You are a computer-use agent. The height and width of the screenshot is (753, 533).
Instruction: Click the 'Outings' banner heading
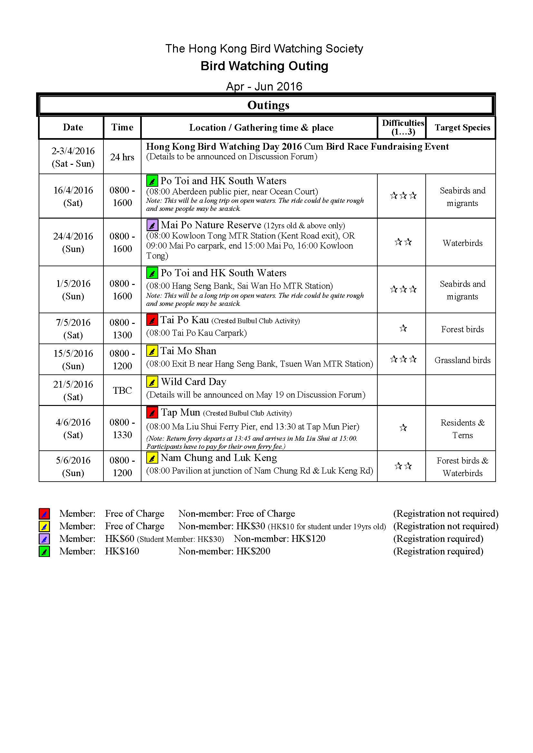pos(268,105)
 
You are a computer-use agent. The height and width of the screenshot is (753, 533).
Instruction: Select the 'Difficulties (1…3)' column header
pos(403,127)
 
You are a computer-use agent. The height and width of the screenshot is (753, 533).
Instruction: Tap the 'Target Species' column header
pos(462,127)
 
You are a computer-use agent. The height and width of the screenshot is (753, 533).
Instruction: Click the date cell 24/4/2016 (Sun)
pos(73,242)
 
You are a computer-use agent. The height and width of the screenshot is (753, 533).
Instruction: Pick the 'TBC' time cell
pos(122,390)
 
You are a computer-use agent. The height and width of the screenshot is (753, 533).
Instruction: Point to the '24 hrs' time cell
pos(122,157)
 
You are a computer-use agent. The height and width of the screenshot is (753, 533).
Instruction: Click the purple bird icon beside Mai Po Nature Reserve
pos(152,225)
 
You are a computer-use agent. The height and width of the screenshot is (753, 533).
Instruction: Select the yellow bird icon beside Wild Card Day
pos(152,382)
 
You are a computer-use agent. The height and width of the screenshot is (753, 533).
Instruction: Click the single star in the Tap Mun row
pos(403,428)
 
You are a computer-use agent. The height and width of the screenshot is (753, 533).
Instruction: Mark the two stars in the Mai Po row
pos(403,242)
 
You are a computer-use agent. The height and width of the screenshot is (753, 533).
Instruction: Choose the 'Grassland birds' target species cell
pos(462,360)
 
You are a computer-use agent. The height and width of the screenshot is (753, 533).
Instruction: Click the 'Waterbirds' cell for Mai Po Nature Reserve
pos(462,243)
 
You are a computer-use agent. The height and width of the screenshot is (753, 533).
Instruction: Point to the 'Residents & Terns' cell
pos(462,428)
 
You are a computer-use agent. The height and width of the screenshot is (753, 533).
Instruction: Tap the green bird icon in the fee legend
pos(44,551)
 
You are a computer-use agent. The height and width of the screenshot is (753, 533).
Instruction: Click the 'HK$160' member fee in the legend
pos(122,551)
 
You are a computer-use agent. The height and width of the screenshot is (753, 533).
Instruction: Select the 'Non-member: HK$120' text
pos(279,539)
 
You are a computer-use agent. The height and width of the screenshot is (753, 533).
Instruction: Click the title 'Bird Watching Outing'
pos(264,66)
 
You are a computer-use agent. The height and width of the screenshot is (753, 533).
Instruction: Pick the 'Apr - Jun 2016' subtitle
pos(264,86)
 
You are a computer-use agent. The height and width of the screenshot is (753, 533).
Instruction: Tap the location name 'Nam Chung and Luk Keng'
pos(218,457)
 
